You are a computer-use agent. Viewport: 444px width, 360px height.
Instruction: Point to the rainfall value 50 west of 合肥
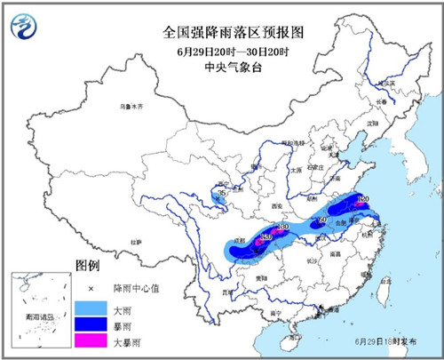point(323,220)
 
